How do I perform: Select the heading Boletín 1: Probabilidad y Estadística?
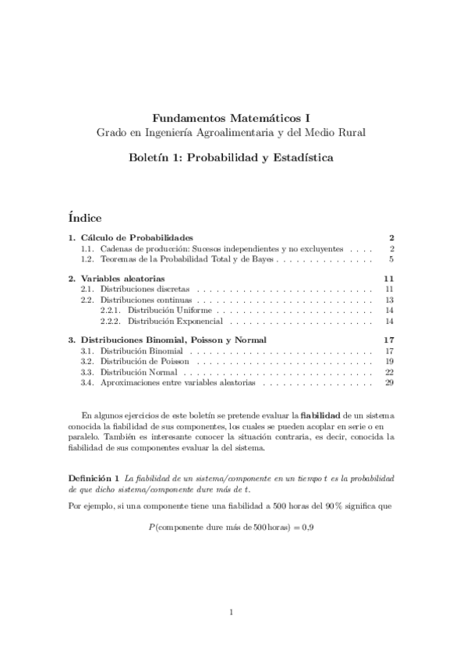click(231, 158)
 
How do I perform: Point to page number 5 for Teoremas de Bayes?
click(391, 258)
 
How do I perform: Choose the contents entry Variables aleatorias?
click(122, 279)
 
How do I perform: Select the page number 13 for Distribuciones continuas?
click(389, 300)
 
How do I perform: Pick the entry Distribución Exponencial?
click(175, 321)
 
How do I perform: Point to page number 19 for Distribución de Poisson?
click(389, 362)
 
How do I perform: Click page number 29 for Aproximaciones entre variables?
click(389, 383)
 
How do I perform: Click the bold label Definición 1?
click(94, 477)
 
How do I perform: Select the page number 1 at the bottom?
click(232, 612)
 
